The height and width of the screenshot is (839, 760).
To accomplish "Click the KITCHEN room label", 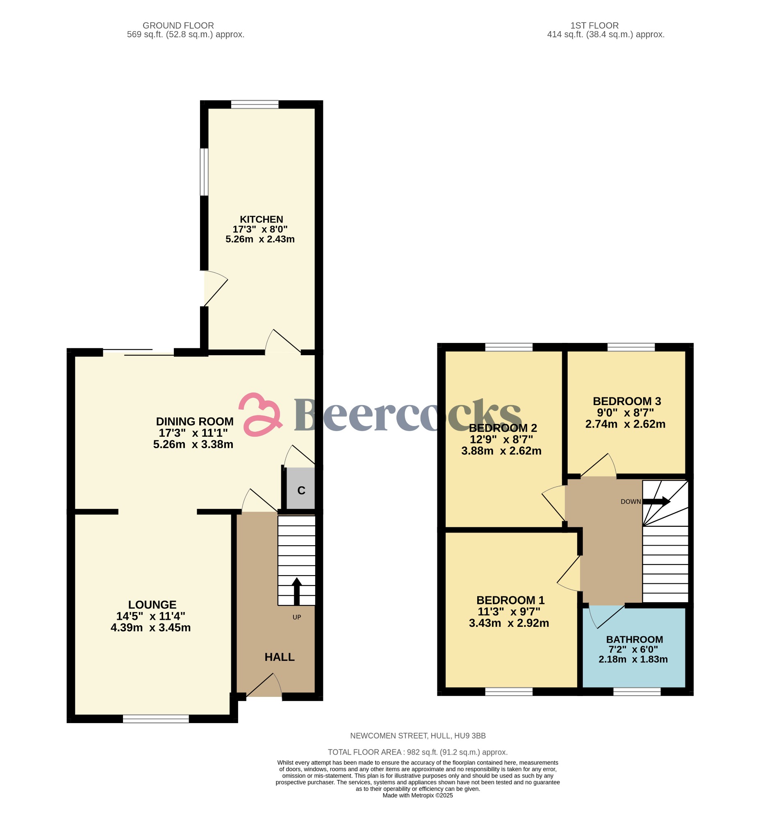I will pyautogui.click(x=261, y=219).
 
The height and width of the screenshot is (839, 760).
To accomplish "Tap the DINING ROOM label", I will pyautogui.click(x=194, y=422).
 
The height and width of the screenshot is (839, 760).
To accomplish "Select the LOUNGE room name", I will pyautogui.click(x=152, y=605).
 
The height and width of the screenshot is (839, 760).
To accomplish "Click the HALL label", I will pyautogui.click(x=280, y=657).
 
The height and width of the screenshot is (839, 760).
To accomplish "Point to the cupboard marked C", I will pyautogui.click(x=301, y=490).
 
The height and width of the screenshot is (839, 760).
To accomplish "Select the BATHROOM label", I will pyautogui.click(x=634, y=639).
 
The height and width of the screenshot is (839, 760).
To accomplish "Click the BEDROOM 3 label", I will pyautogui.click(x=627, y=401).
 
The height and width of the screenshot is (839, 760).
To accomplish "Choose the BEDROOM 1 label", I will pyautogui.click(x=510, y=600).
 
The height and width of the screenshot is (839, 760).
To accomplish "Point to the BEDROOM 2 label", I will pyautogui.click(x=503, y=428).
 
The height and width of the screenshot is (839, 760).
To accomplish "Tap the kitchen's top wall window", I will pyautogui.click(x=255, y=104).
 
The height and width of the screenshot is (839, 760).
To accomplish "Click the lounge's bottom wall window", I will pyautogui.click(x=156, y=719).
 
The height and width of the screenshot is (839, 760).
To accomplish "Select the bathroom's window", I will pyautogui.click(x=637, y=692).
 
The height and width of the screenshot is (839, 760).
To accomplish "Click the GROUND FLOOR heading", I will pyautogui.click(x=178, y=25).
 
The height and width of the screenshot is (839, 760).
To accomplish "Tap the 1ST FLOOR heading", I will pyautogui.click(x=594, y=25).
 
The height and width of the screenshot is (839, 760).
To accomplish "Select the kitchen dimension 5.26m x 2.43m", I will pyautogui.click(x=260, y=239).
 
